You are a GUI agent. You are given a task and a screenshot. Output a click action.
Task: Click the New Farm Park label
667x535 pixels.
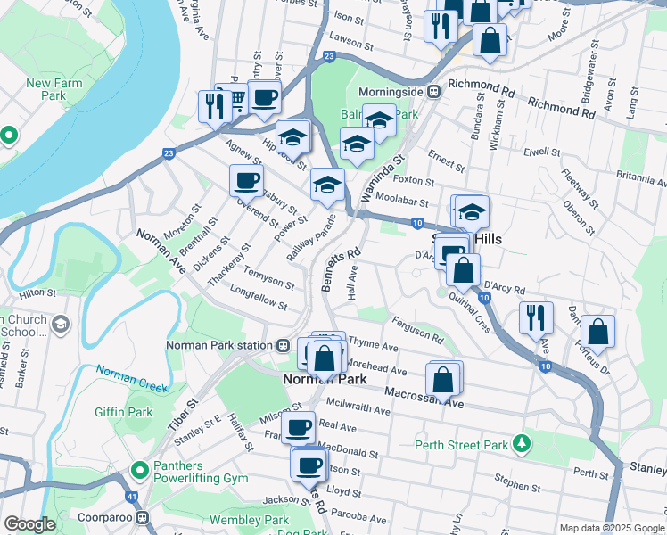47,89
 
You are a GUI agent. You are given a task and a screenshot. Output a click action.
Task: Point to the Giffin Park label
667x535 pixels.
124,412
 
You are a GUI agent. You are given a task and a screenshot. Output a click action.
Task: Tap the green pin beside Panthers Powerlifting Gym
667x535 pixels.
139,468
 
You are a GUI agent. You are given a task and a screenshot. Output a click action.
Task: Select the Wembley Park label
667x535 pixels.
250,520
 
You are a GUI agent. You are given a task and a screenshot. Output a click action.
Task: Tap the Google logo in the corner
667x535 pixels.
30,524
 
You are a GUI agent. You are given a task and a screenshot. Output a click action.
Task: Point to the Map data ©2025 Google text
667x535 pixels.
611,528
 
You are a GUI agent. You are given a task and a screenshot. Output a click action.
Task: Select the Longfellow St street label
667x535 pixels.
258,298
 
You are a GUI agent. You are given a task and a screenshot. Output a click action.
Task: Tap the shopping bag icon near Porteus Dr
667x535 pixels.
598,332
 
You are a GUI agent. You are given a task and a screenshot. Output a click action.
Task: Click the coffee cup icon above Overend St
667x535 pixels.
247,180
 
